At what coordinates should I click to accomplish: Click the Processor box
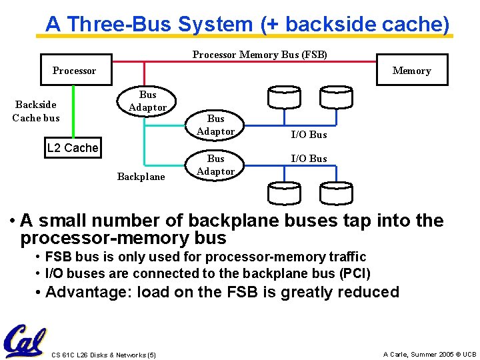click(74, 71)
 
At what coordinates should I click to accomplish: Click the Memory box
click(411, 71)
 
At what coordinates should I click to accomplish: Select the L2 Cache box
click(73, 148)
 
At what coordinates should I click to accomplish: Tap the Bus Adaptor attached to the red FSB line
click(147, 101)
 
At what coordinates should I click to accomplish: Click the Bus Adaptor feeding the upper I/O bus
click(215, 125)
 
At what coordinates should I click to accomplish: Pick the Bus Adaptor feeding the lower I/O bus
click(215, 165)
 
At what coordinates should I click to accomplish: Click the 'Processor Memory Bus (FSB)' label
click(259, 55)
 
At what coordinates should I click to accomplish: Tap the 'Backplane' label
click(141, 177)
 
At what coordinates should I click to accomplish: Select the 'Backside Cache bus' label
click(36, 111)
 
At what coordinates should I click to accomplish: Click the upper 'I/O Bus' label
click(309, 135)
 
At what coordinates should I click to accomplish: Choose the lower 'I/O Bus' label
click(309, 159)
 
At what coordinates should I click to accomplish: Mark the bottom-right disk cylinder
click(335, 193)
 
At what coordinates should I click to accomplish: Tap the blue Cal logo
click(25, 341)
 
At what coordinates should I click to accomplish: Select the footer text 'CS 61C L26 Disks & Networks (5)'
click(103, 355)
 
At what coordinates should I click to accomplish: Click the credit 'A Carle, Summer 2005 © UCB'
click(429, 355)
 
